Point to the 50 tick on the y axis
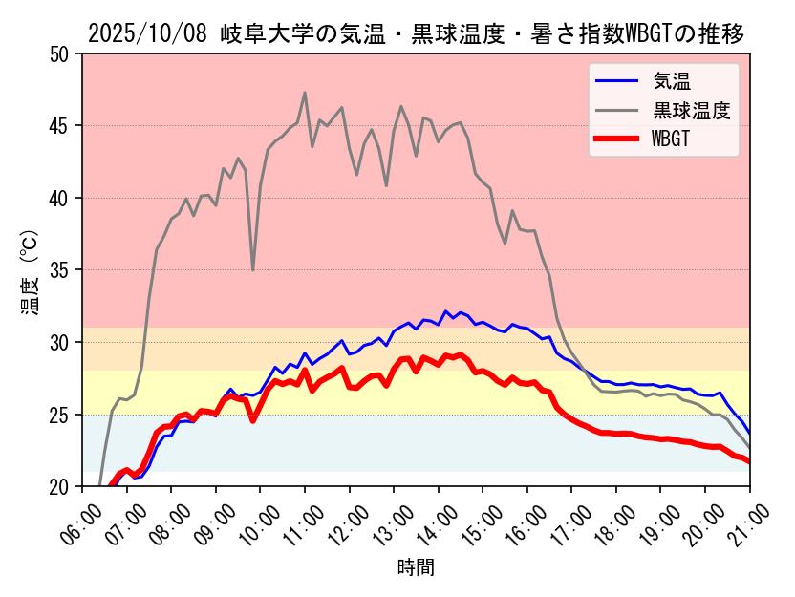[x=60, y=54]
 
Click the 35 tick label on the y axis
[x=60, y=270]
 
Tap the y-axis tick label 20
[x=60, y=487]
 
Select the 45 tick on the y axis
[x=60, y=126]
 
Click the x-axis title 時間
[x=416, y=568]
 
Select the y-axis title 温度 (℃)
[x=29, y=271]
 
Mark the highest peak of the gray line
[x=305, y=93]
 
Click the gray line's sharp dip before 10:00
[x=253, y=269]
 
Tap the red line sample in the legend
[x=617, y=139]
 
